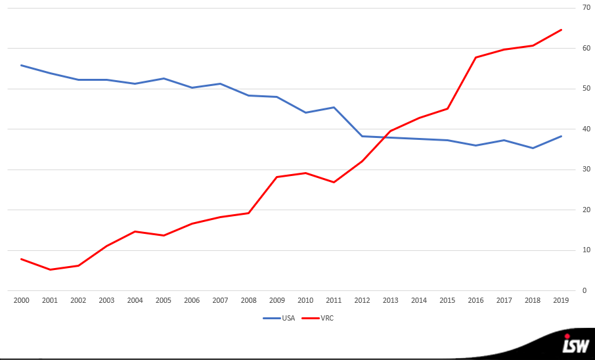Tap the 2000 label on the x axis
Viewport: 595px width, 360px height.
[21, 300]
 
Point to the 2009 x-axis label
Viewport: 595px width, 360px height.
[276, 300]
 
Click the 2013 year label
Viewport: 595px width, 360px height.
[390, 300]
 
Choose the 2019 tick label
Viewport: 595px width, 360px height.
[561, 300]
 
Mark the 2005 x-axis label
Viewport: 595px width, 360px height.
[163, 300]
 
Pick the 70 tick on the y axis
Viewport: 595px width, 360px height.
[586, 8]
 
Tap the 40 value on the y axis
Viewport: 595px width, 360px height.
[586, 129]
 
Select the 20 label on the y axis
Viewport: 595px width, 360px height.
[586, 210]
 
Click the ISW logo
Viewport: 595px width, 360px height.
[575, 344]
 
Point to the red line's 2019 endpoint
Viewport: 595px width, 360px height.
[562, 30]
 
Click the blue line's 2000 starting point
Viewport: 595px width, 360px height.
[21, 65]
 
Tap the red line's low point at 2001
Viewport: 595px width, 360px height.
[50, 269]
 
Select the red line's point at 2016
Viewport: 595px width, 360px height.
[475, 57]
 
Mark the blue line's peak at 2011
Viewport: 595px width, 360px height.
[334, 107]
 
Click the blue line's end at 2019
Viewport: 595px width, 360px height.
[562, 136]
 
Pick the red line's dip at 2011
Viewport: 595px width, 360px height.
[334, 182]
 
